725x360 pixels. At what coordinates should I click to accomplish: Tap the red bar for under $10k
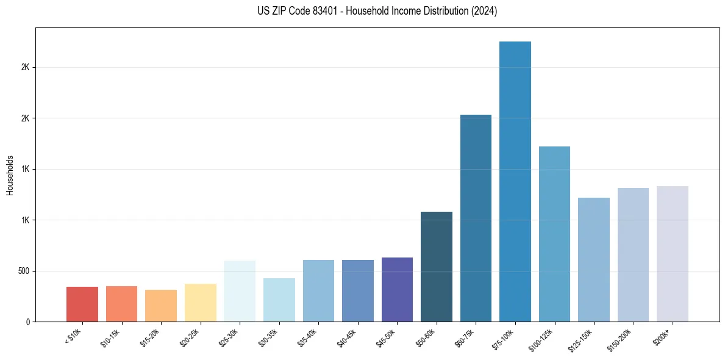82,304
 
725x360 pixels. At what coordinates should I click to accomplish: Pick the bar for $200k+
673,254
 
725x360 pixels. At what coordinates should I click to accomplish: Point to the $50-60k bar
437,267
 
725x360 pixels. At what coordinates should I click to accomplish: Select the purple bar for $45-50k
397,289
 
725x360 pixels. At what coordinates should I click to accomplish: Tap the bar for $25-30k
240,291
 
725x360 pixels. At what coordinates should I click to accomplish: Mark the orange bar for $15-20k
161,306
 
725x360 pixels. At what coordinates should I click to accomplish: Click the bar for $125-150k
594,259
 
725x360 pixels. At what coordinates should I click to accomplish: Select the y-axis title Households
10,175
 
